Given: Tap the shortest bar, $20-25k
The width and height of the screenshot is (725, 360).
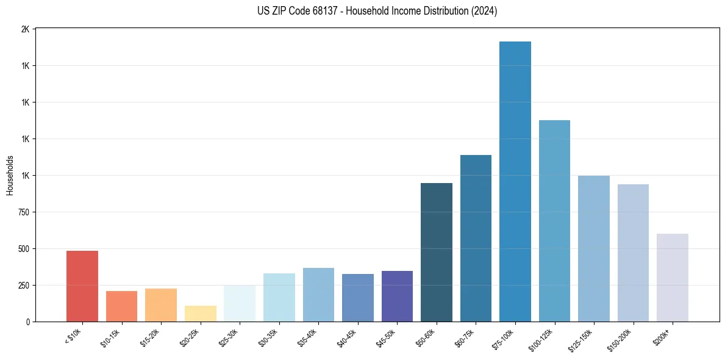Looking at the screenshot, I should pos(200,313).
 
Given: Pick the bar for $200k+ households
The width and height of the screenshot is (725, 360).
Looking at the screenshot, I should pos(673,278).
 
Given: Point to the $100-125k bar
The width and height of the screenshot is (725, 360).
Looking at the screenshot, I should pos(554,220).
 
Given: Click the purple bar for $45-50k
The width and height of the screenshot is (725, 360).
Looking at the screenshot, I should pos(397,296).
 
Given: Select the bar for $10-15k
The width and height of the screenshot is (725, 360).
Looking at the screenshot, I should pos(121,306).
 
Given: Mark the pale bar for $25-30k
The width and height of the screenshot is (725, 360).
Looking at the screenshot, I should pos(240,303).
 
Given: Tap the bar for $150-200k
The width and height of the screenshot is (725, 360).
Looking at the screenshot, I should pos(633,253).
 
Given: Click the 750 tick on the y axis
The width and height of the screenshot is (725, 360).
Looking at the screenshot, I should pos(23,212).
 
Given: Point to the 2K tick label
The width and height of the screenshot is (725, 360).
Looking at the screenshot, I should pos(25,29).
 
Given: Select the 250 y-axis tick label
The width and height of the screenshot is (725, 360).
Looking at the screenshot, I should pos(23,286).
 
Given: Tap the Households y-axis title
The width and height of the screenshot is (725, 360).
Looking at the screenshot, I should pos(10,175).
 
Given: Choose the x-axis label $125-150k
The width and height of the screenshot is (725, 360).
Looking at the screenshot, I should pos(583,338).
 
